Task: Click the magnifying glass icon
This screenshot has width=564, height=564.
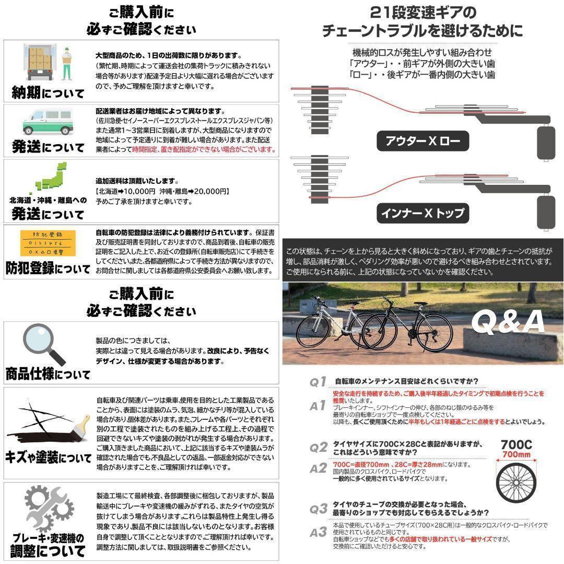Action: click(x=44, y=344)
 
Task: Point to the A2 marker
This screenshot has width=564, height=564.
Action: click(x=318, y=468)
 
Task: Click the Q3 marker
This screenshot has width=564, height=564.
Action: click(x=318, y=508)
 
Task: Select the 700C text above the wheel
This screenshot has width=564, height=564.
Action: click(x=516, y=444)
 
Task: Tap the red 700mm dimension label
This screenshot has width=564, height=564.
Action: click(x=516, y=455)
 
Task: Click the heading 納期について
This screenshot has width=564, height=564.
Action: click(x=48, y=93)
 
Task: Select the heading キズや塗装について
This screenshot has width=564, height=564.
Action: click(x=48, y=458)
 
